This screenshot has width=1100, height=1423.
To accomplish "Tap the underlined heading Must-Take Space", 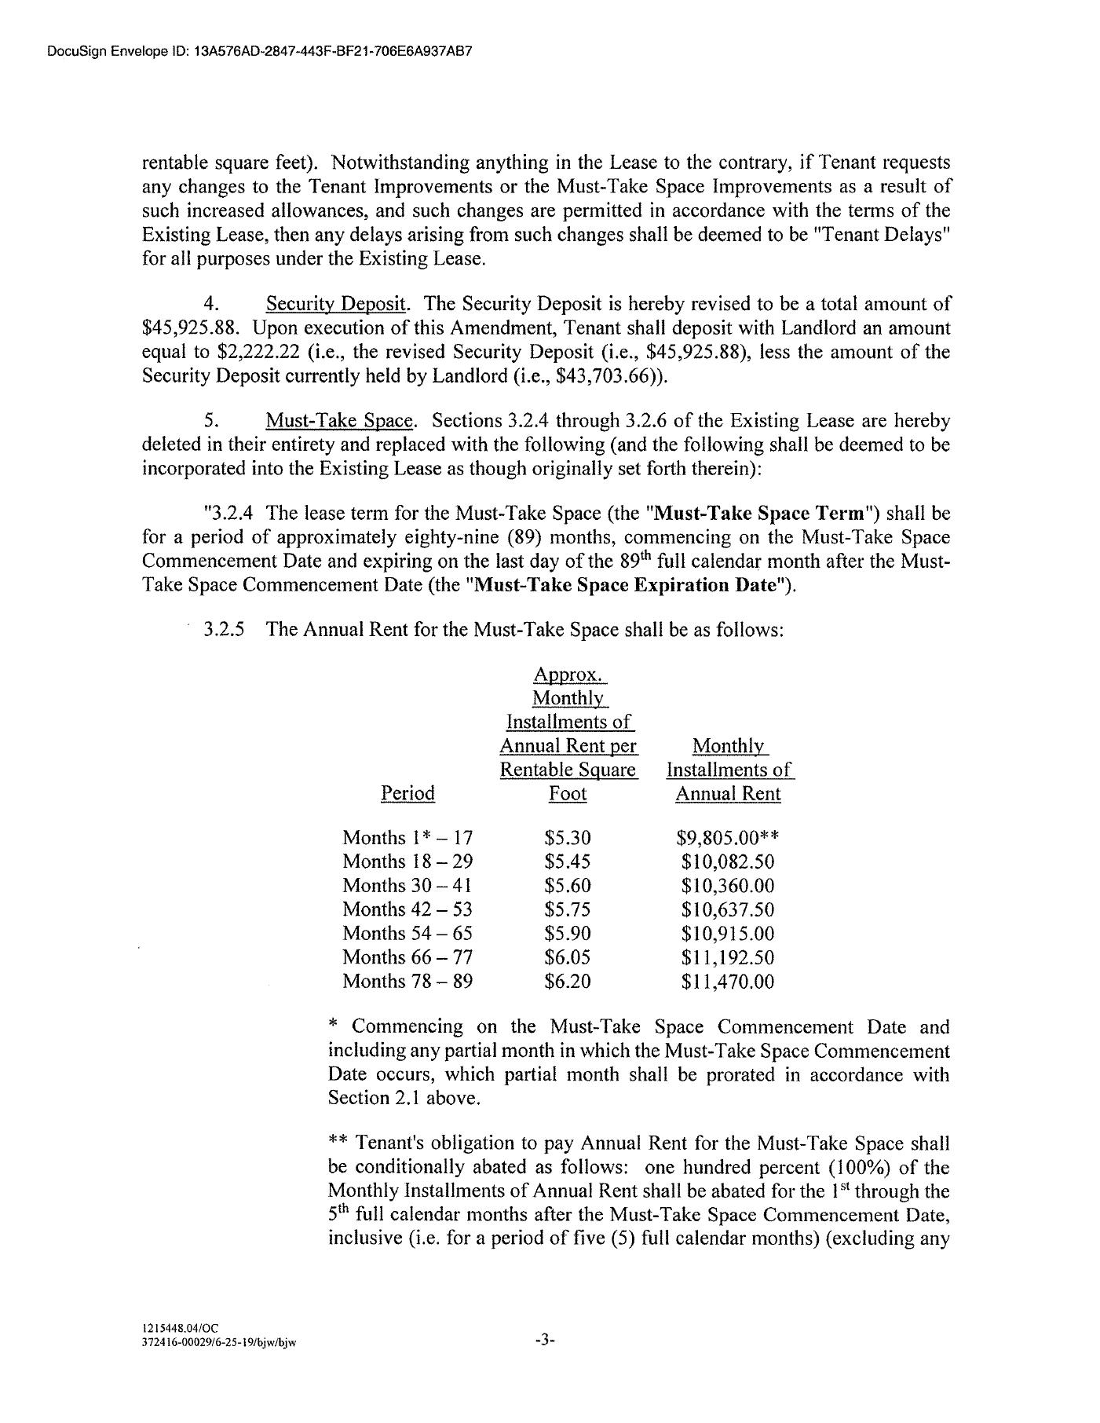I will [339, 421].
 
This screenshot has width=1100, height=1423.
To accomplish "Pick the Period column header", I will [407, 793].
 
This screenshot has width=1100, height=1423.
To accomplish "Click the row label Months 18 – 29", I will [407, 861].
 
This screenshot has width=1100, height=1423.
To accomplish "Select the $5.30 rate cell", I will [567, 838].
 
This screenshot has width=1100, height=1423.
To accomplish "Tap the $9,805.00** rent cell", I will [727, 838].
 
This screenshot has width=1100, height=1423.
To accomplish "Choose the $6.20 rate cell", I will [567, 981].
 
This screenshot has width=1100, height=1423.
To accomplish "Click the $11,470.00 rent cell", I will [727, 981].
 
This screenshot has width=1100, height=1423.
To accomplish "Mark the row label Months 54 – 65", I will [407, 933].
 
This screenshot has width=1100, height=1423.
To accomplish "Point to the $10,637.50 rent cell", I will [727, 909].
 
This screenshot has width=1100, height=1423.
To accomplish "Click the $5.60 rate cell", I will [567, 885].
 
